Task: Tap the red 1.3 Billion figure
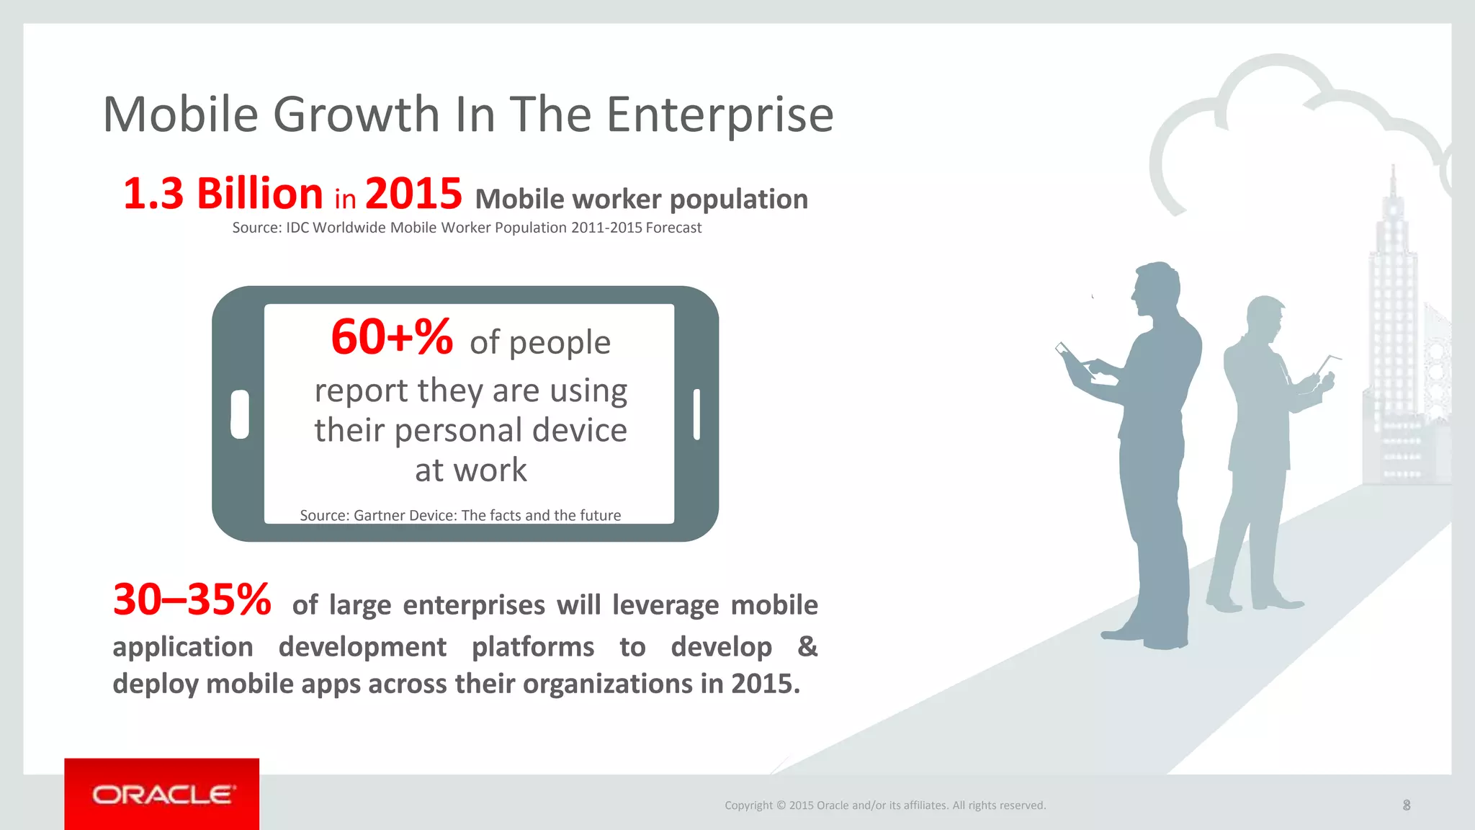pos(223,194)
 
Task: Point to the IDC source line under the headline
pos(467,228)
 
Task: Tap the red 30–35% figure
pos(192,599)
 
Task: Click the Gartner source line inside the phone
pos(460,515)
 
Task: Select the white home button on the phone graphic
pos(240,414)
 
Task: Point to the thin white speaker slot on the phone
pos(696,414)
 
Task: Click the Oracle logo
pos(162,795)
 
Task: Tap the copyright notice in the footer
pos(885,806)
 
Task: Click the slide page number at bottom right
pos(1407,806)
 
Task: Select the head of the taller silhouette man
pos(1157,288)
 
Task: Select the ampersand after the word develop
pos(807,646)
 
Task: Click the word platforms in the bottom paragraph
pos(533,647)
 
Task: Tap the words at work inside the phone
pos(471,470)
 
